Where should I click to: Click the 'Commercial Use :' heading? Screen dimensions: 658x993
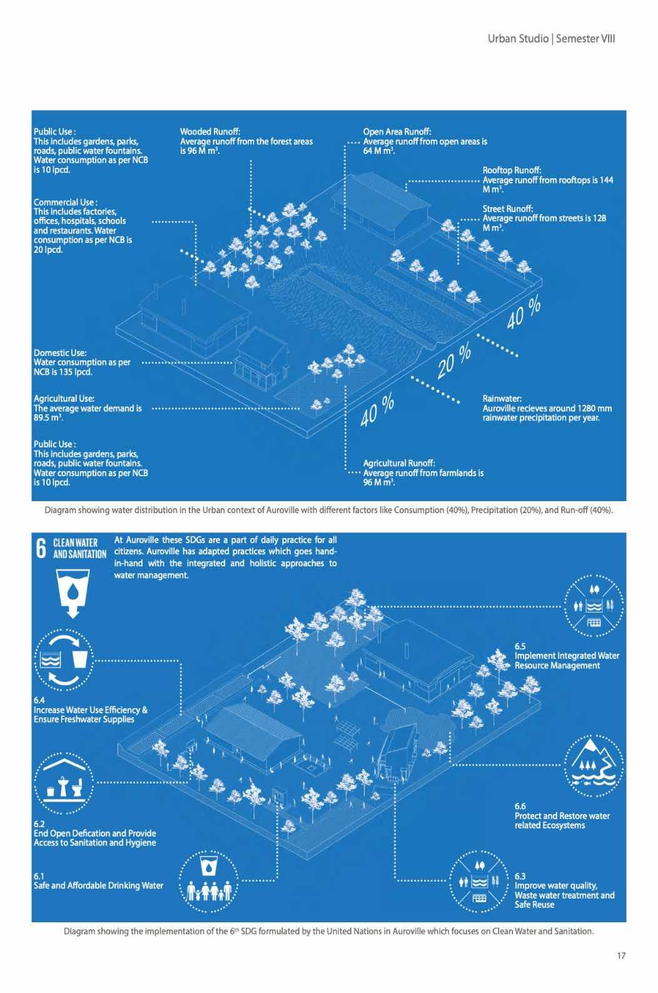click(65, 202)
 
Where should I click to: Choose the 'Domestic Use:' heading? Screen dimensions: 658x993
click(60, 353)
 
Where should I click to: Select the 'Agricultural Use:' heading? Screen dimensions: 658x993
click(64, 399)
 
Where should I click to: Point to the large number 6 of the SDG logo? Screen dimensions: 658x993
click(41, 549)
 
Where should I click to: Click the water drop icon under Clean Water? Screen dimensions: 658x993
click(73, 591)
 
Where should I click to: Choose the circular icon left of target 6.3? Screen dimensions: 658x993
click(479, 882)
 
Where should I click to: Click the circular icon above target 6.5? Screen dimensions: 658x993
click(594, 604)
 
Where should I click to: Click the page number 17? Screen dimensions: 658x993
click(620, 955)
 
